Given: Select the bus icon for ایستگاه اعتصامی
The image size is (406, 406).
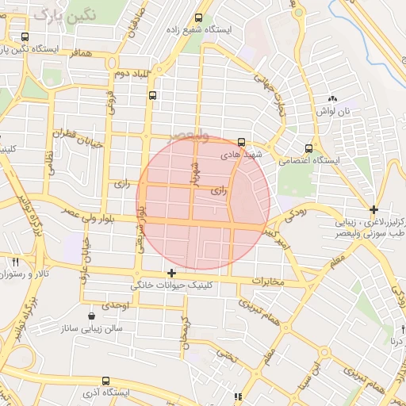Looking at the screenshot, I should (x=308, y=147).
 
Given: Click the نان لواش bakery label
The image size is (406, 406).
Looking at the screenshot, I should (x=339, y=112).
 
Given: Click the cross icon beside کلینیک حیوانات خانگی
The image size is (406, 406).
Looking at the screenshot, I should (x=171, y=273).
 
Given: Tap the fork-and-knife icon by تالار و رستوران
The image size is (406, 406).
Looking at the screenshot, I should (x=15, y=262).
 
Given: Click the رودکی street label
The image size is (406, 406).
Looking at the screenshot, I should (x=294, y=213).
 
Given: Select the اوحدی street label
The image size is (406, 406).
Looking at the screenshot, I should (x=115, y=305).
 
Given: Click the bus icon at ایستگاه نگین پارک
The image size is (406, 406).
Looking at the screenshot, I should (x=25, y=36).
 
